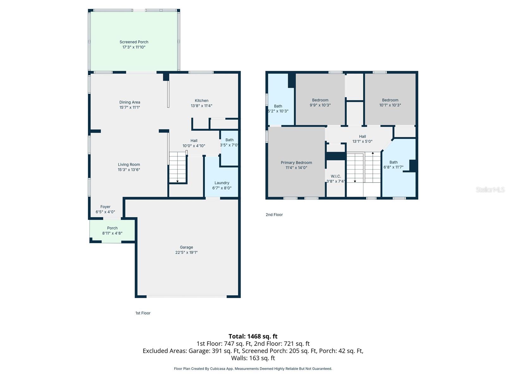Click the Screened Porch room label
coord(134,42)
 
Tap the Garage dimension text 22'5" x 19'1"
coord(186,252)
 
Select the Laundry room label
coord(222,183)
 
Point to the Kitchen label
coord(201,101)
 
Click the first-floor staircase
coord(178,167)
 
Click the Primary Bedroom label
coord(296,163)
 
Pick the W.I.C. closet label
coord(336,176)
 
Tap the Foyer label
coord(105,207)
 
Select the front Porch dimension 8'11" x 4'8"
coord(112,233)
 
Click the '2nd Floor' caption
coord(274,215)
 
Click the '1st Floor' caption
coord(143,313)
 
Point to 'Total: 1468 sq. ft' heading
coord(253,336)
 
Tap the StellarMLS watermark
coord(490,189)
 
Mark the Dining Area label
coord(130,102)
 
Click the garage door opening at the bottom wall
coord(187,296)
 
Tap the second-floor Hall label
coord(362,136)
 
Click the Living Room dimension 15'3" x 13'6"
coord(129,170)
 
